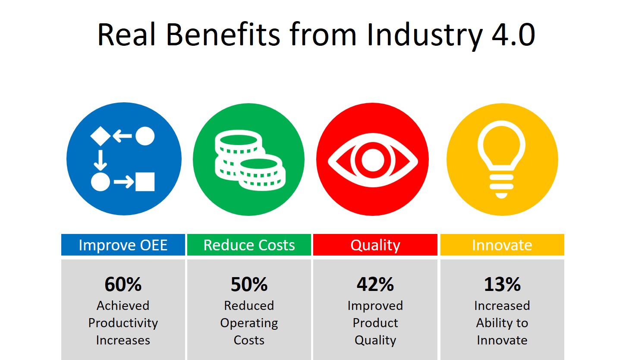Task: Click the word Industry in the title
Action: [x=424, y=35]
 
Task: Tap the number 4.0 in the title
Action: [x=513, y=35]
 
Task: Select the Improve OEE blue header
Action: [x=123, y=245]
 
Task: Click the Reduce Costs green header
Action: [x=249, y=245]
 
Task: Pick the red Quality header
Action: [x=375, y=245]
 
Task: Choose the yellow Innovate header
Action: [x=502, y=245]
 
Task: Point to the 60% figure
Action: [x=123, y=284]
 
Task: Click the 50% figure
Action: [x=249, y=284]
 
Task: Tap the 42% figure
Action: [x=375, y=284]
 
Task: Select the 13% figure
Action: [x=502, y=284]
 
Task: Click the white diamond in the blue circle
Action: [x=101, y=136]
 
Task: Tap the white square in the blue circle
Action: [x=145, y=182]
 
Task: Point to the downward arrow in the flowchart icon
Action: [x=100, y=160]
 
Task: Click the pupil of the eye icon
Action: [x=373, y=160]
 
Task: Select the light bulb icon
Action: [x=501, y=160]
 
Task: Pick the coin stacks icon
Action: [x=250, y=160]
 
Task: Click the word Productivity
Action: [x=123, y=323]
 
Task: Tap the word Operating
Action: [x=249, y=323]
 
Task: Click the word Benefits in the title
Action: [x=223, y=35]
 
